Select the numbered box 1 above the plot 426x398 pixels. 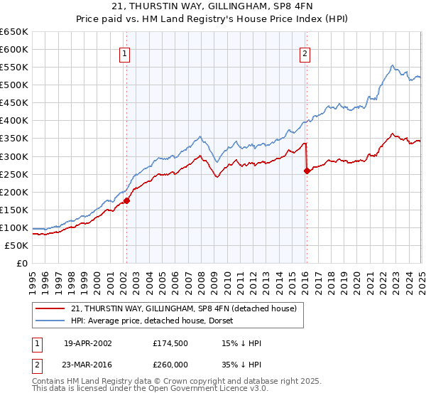(124, 53)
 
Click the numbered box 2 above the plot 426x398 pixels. (305, 53)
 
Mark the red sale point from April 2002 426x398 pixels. (126, 201)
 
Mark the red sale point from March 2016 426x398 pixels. (307, 171)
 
